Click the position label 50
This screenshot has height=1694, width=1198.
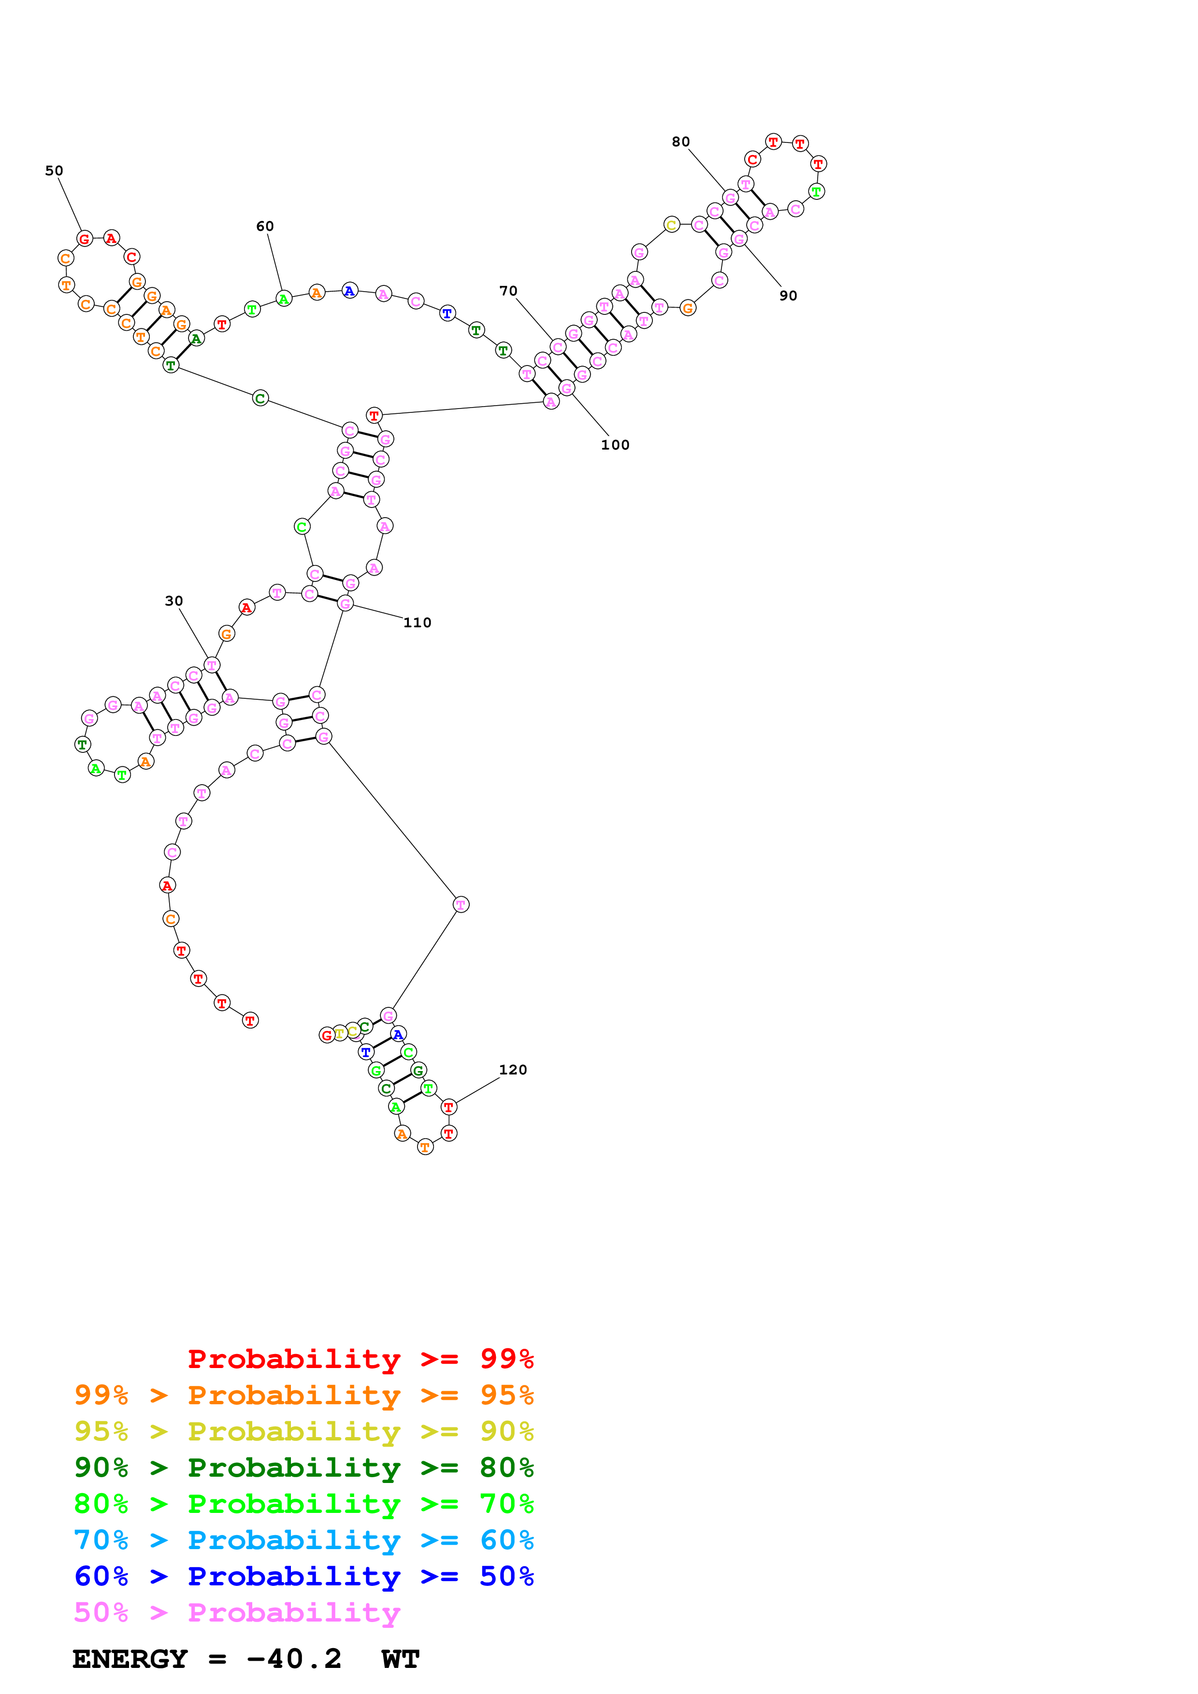pos(54,170)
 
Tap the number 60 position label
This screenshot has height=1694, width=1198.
pos(265,226)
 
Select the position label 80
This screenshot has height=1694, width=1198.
pos(680,141)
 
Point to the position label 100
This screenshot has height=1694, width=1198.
pos(615,445)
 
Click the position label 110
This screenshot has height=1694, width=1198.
pos(417,623)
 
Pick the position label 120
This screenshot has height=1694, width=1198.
pos(513,1070)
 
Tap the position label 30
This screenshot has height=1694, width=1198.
pos(173,601)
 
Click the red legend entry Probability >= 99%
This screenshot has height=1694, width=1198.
pos(360,1358)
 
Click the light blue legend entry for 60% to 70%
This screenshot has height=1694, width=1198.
pos(303,1540)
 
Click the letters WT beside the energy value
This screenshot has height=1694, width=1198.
pos(401,1659)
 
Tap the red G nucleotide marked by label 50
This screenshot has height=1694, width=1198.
pos(84,239)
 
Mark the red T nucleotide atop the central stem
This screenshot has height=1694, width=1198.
pos(374,415)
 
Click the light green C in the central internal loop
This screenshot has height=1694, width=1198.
pos(301,527)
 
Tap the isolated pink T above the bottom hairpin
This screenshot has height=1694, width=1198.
pos(461,904)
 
